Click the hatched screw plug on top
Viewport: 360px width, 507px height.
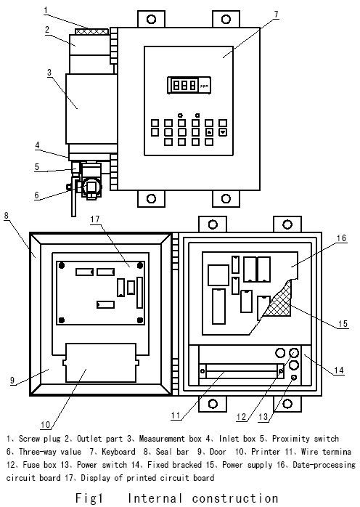pos(89,31)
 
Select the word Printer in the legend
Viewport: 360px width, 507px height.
pos(271,451)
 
